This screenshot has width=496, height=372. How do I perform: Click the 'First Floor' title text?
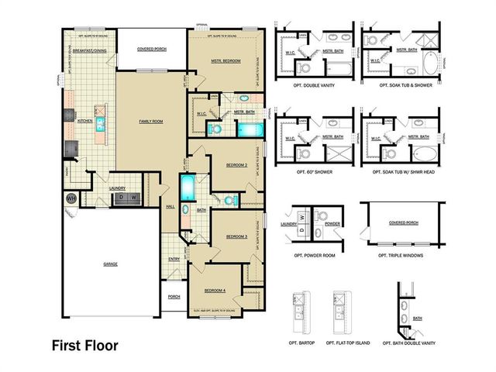tap(85, 345)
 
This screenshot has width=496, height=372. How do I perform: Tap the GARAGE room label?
tap(111, 263)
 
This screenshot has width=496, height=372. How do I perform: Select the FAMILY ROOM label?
tap(150, 122)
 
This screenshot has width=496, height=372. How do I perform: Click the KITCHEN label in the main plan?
tap(85, 121)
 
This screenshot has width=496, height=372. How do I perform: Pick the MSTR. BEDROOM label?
tap(226, 60)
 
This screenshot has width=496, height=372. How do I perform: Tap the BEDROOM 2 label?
tap(236, 165)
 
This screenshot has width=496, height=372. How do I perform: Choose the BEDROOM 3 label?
tap(236, 236)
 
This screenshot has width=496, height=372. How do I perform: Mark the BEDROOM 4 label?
tap(215, 290)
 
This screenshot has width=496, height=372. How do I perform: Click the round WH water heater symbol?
tap(71, 199)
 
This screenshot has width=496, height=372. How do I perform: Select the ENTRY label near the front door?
tap(174, 259)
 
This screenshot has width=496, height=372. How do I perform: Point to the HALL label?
tap(170, 206)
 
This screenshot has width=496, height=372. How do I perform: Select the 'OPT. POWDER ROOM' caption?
tap(314, 255)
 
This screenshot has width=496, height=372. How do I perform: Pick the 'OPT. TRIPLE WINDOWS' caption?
tap(401, 255)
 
